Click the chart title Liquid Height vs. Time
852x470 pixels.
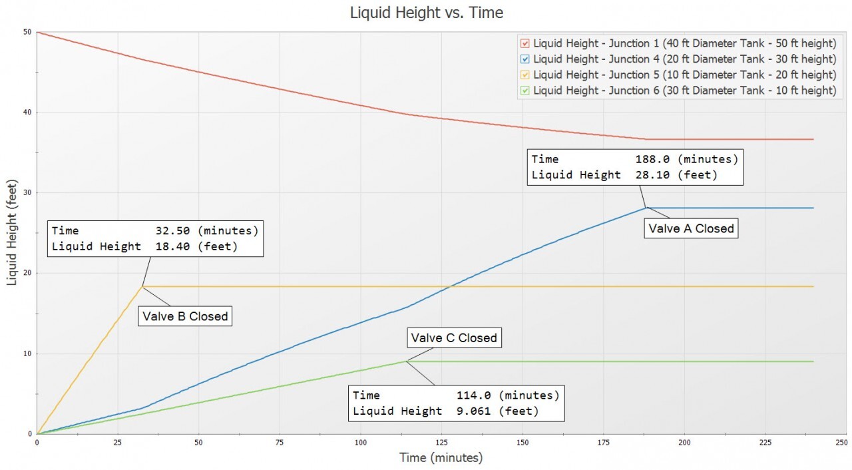click(x=426, y=13)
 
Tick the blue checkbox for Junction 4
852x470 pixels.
click(x=525, y=59)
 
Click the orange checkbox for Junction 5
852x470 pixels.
click(x=525, y=75)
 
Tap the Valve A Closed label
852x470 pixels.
click(x=692, y=228)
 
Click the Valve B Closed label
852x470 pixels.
click(x=185, y=316)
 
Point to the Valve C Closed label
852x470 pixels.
click(x=453, y=338)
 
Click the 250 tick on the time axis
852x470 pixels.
click(x=841, y=442)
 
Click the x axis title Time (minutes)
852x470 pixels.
click(x=441, y=457)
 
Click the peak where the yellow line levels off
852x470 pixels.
click(x=142, y=286)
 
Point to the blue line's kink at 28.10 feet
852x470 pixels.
click(x=646, y=208)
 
